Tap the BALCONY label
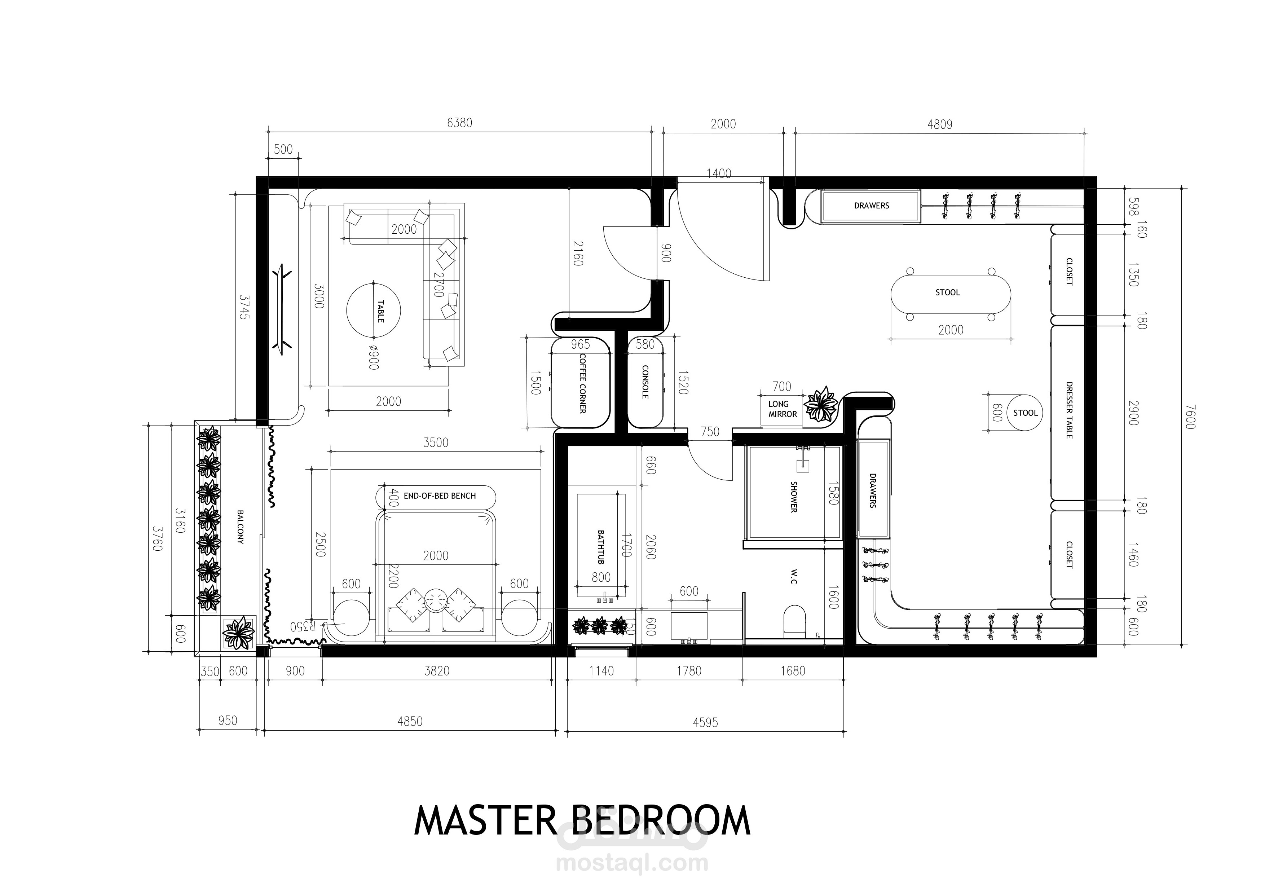pos(240,527)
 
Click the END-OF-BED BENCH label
pos(440,496)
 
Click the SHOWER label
pos(794,497)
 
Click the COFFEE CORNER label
pos(582,383)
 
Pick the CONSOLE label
pos(645,382)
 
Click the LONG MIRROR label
pos(783,409)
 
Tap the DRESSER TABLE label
pos(1069,410)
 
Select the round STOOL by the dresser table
pos(1025,413)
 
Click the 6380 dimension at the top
pos(459,123)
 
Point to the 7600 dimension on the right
pos(1190,417)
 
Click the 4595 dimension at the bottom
pos(705,722)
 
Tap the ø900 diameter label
pos(374,357)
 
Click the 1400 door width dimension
pos(719,173)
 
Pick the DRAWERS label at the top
pos(872,206)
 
